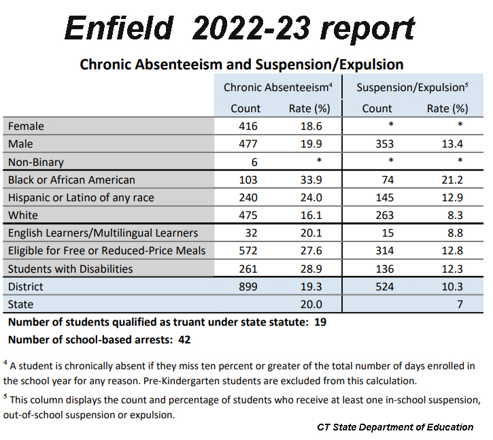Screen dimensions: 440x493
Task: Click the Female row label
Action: (x=26, y=126)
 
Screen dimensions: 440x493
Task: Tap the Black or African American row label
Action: (x=71, y=180)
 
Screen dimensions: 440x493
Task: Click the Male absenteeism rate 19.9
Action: (x=309, y=144)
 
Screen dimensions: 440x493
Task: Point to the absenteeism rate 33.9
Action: (x=309, y=180)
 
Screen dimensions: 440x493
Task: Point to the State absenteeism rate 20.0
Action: (x=309, y=305)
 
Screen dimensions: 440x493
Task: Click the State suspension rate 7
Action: (x=459, y=305)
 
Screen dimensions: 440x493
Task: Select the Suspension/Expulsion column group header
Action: (x=412, y=88)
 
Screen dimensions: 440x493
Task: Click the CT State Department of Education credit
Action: (x=395, y=427)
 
